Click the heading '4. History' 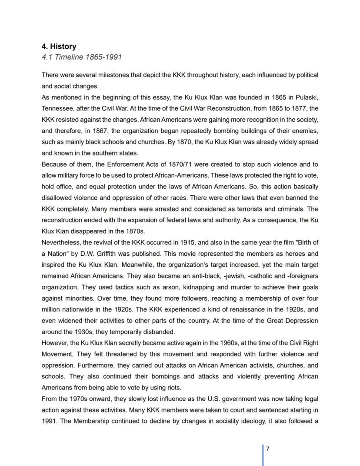[x=59, y=47]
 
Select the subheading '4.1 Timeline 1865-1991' [x=82, y=57]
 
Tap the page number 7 [x=268, y=449]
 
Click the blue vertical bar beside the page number [x=263, y=455]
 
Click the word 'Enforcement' [x=126, y=164]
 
